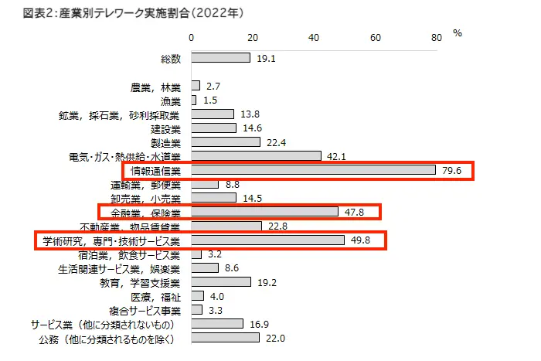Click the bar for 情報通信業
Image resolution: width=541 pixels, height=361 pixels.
click(x=313, y=170)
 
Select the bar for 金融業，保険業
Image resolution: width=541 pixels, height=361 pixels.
click(x=264, y=212)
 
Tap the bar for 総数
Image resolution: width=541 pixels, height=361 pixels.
click(x=219, y=58)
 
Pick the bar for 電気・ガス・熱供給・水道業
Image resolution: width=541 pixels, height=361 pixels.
click(x=255, y=156)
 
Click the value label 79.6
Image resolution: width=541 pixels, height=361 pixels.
click(x=452, y=170)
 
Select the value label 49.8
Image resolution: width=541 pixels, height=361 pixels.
click(x=361, y=240)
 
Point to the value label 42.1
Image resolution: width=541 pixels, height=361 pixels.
click(x=337, y=156)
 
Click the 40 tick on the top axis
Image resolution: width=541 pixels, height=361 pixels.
click(x=314, y=37)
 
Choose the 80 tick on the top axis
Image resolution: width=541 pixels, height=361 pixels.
click(x=437, y=37)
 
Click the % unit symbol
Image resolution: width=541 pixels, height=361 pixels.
click(x=457, y=33)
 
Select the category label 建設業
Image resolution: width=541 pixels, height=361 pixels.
click(x=165, y=128)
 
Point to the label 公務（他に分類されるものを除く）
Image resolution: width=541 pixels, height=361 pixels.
click(x=108, y=339)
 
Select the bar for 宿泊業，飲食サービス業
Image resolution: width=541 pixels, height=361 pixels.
click(x=196, y=254)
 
